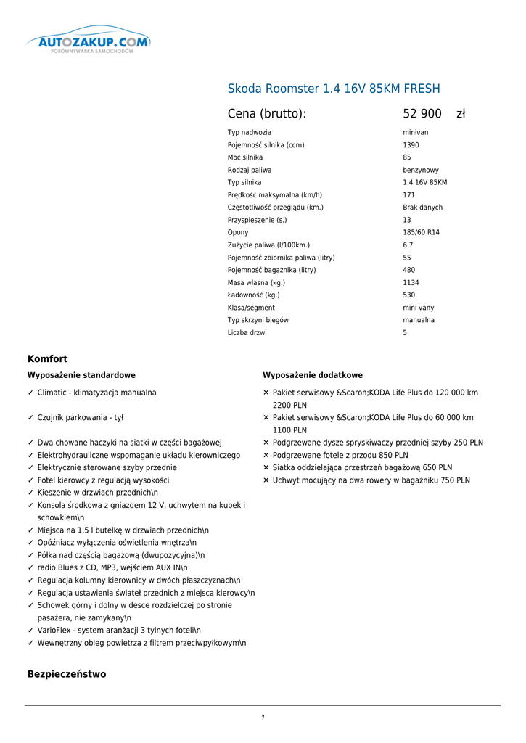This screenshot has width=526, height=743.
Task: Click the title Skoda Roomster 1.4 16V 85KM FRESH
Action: coord(334,89)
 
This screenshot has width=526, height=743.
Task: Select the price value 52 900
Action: coord(422,114)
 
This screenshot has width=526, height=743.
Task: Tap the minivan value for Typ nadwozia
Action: coord(416,133)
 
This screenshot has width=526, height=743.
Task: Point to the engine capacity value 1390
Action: coord(411,145)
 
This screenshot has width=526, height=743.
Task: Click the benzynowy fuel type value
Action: coord(421,171)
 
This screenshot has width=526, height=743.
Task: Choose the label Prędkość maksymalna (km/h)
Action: coord(275,195)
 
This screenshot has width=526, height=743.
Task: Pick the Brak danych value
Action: coord(422,208)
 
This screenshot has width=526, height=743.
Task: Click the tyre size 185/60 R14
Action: coord(421,233)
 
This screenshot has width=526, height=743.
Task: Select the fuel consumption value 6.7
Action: coord(408,245)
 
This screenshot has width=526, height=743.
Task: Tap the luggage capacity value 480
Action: coord(409,271)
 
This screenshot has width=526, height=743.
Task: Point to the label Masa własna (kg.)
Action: coord(256,283)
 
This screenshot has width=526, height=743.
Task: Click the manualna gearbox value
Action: coord(419,321)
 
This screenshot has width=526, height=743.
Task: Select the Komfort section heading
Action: coord(47,359)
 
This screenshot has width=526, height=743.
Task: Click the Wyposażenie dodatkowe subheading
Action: coord(312,376)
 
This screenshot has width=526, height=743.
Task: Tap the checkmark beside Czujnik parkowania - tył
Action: coord(30,418)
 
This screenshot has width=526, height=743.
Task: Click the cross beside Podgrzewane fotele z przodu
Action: coord(266,456)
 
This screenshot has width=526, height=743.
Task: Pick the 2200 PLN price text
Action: coord(289,406)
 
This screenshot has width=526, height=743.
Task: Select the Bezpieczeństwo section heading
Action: coord(67,675)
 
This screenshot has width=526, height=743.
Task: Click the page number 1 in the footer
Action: coord(263,718)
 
